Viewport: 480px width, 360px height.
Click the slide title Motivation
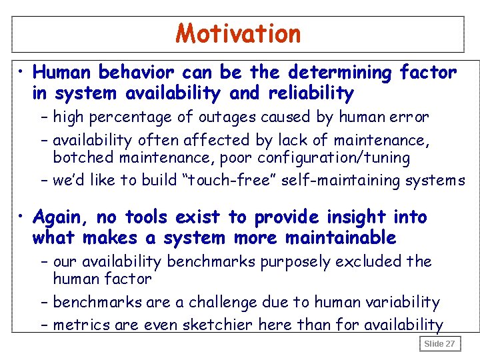pyautogui.click(x=239, y=33)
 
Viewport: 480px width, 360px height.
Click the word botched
pyautogui.click(x=77, y=158)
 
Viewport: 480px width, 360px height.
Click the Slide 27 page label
pyautogui.click(x=440, y=344)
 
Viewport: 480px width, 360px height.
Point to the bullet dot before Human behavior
pyautogui.click(x=22, y=71)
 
